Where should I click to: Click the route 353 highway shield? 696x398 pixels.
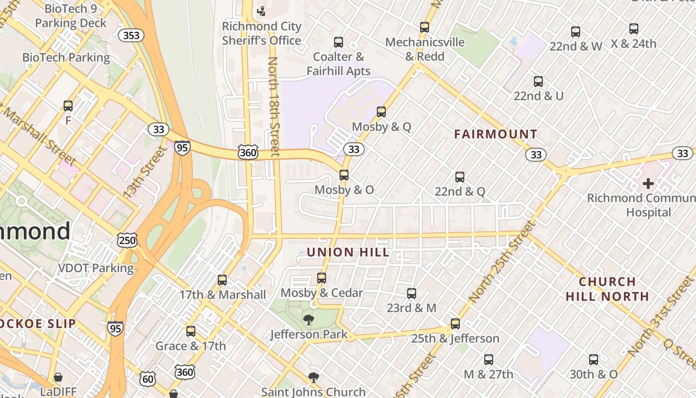tap(131, 35)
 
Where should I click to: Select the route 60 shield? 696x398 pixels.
tap(148, 379)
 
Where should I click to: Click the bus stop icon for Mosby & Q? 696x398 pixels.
tap(381, 112)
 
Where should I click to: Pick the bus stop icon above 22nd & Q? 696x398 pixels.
tap(460, 177)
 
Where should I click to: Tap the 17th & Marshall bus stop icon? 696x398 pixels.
tap(222, 280)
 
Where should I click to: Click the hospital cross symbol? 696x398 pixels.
tap(648, 184)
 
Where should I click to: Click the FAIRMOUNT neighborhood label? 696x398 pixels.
tap(496, 134)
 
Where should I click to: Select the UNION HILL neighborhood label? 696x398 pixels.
tap(348, 252)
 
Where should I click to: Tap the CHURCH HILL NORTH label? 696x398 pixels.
tap(608, 289)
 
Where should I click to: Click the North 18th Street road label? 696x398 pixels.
tap(274, 106)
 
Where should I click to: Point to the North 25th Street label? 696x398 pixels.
tap(503, 262)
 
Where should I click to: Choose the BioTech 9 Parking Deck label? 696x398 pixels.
tap(71, 16)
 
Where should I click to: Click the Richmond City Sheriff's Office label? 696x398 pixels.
tap(261, 33)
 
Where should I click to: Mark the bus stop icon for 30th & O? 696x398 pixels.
tap(594, 360)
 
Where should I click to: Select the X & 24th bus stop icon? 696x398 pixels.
tap(634, 29)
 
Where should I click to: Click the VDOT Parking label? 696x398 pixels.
tap(96, 268)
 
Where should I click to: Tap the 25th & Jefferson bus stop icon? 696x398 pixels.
tap(455, 324)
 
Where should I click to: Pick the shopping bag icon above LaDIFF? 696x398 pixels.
tap(58, 377)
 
